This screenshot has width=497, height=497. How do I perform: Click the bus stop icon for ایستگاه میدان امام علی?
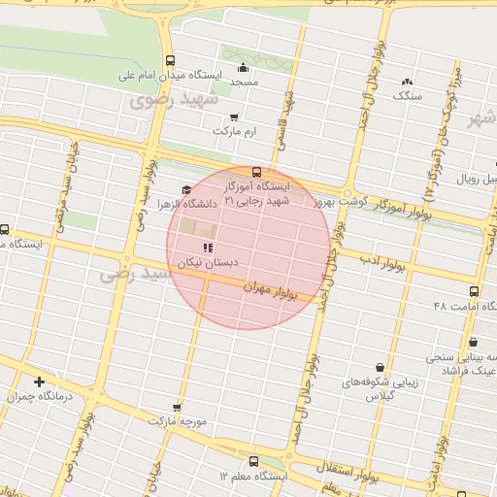coord(171,59)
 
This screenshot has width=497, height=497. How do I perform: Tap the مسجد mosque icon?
coord(243,68)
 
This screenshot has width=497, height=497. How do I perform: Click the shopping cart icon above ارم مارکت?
coord(235,116)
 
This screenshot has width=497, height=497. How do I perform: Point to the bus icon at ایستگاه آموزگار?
coord(256,172)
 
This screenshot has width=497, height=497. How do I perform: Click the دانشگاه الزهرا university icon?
coord(185,190)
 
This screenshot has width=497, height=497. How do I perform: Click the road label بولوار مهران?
coord(270,288)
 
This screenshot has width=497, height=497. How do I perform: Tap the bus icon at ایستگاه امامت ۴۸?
coord(474,290)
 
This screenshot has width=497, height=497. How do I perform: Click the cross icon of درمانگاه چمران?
coord(39,381)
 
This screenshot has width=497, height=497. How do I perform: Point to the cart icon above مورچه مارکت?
coord(176,408)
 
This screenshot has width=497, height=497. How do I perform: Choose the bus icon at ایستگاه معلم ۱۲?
coord(253,461)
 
